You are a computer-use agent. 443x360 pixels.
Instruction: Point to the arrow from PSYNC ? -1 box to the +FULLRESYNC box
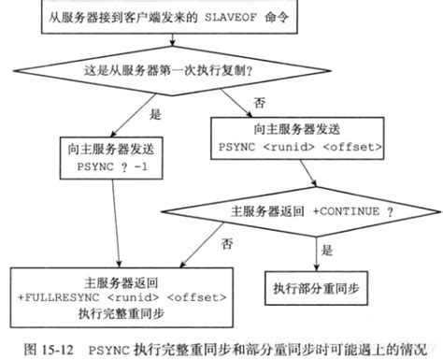pos(118,224)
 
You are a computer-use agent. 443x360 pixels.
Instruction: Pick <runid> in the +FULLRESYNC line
pos(129,297)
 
